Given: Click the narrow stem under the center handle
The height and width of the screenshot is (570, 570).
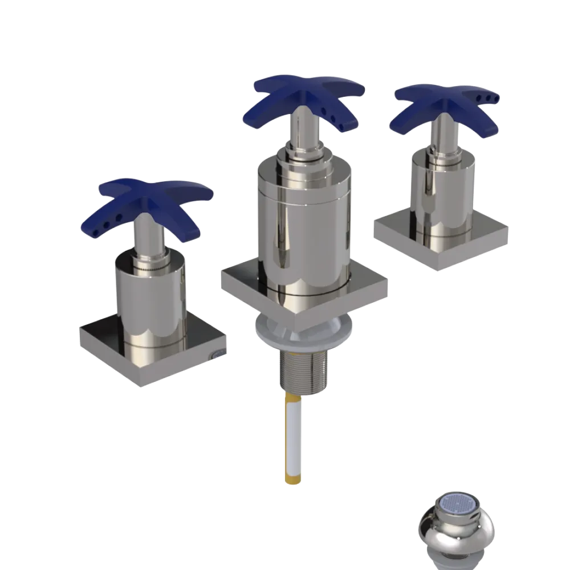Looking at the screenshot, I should click(306, 131).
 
